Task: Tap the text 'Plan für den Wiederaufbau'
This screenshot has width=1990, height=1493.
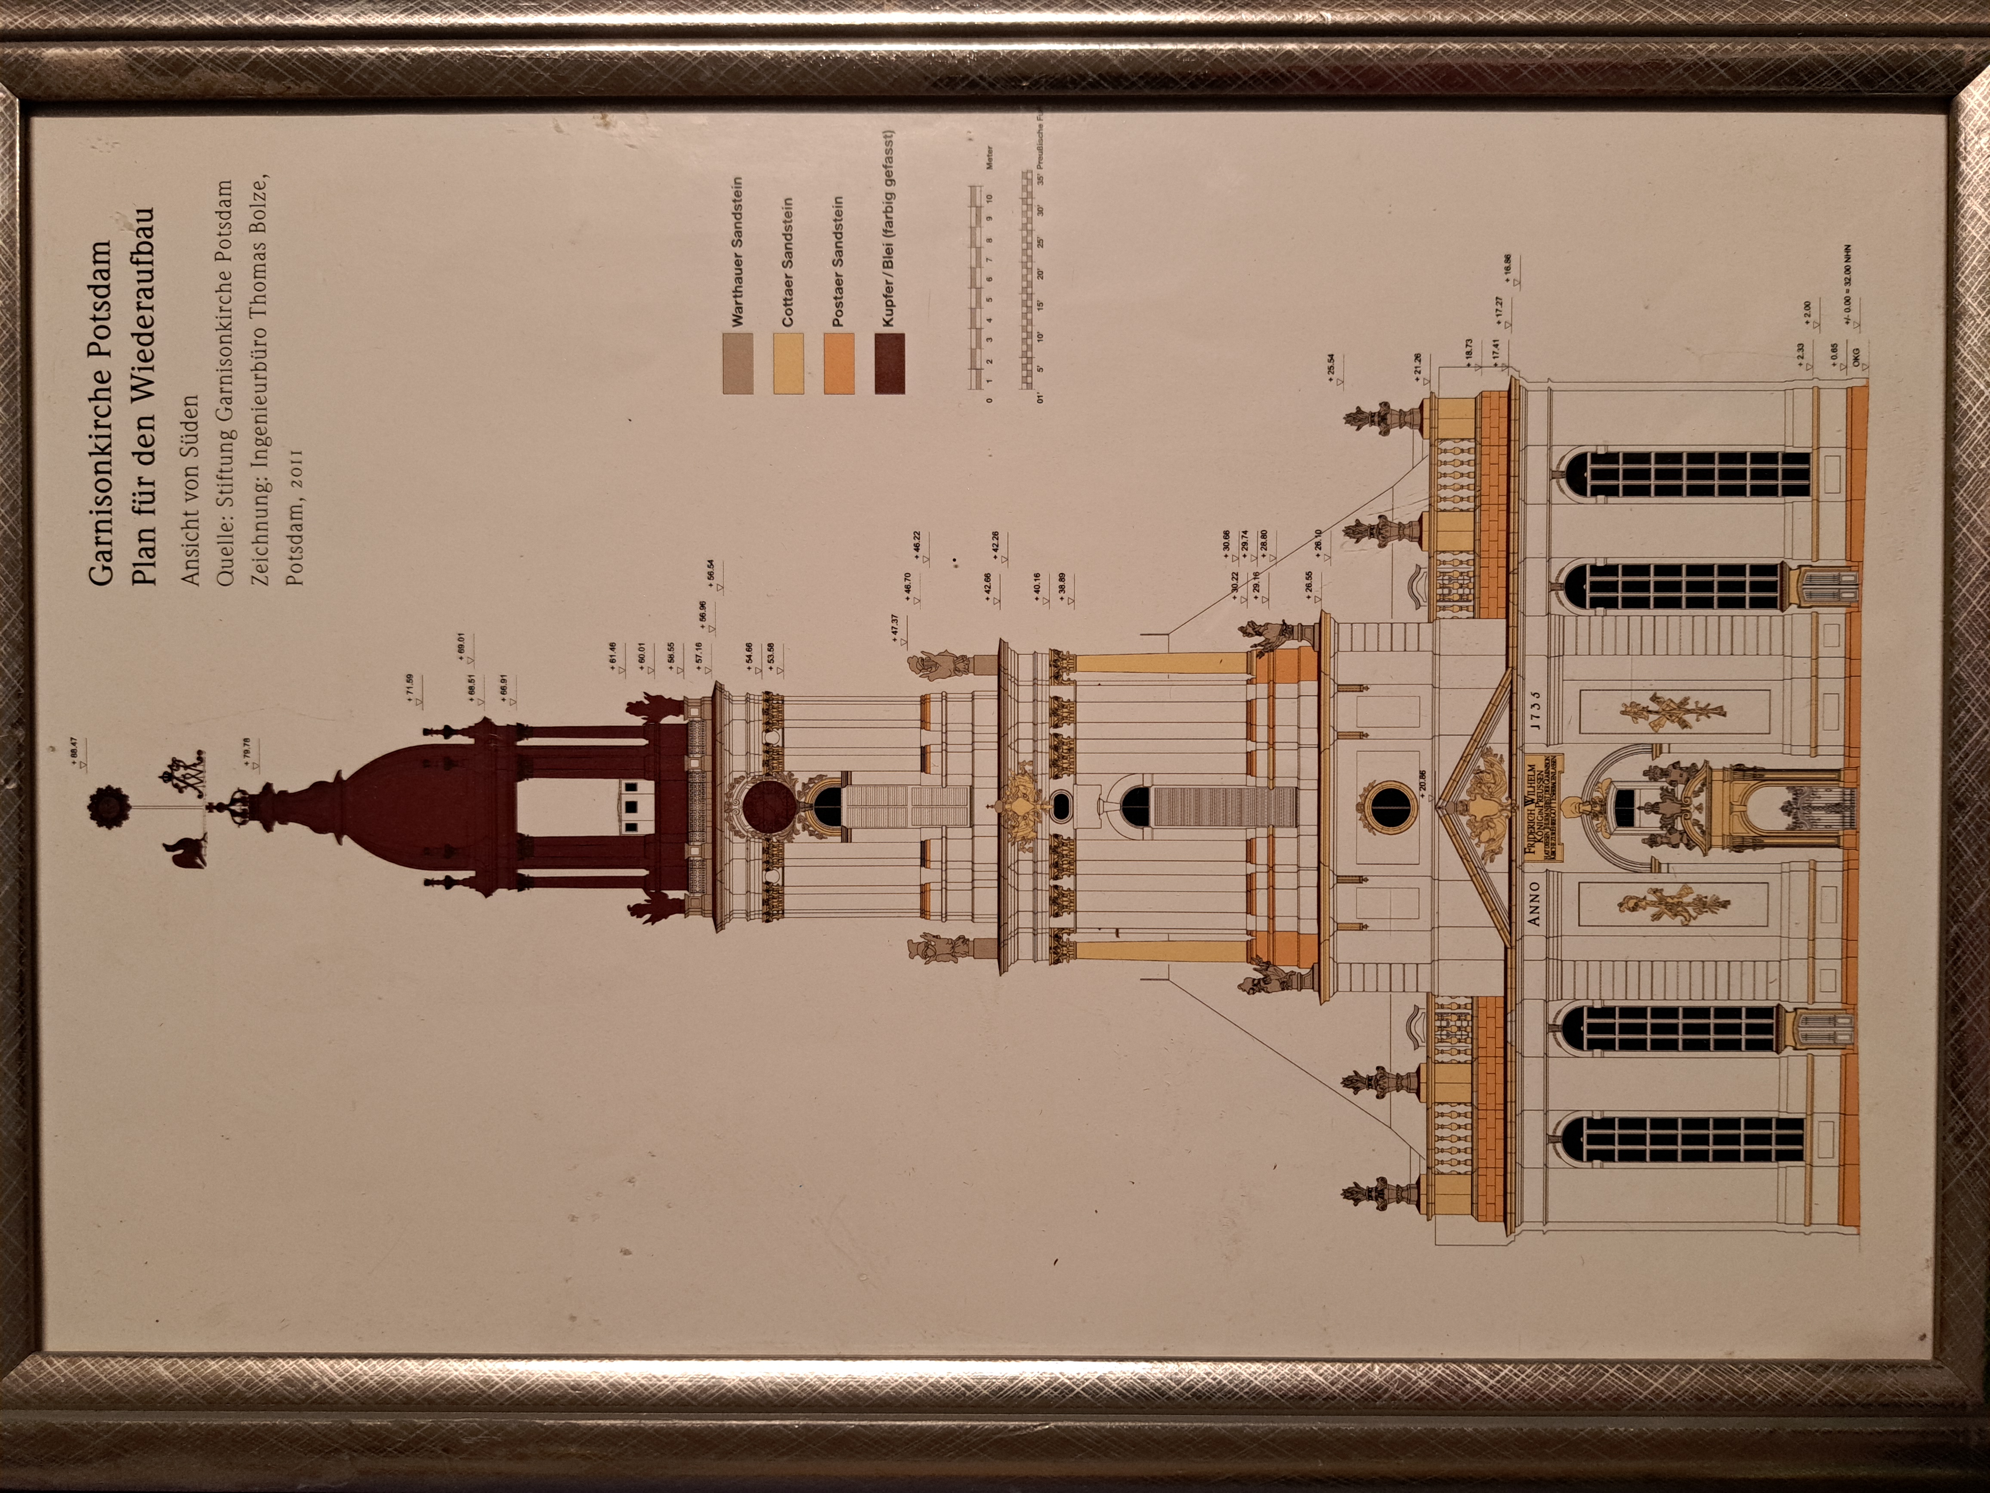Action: (x=144, y=396)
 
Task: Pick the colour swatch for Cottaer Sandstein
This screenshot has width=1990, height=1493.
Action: (x=788, y=362)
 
